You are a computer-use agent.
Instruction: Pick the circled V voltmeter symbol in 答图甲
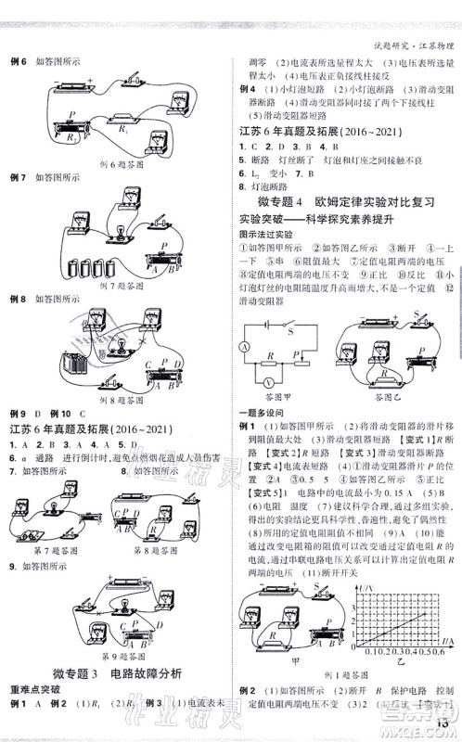[267, 380]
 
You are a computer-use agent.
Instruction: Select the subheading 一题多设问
[258, 411]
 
